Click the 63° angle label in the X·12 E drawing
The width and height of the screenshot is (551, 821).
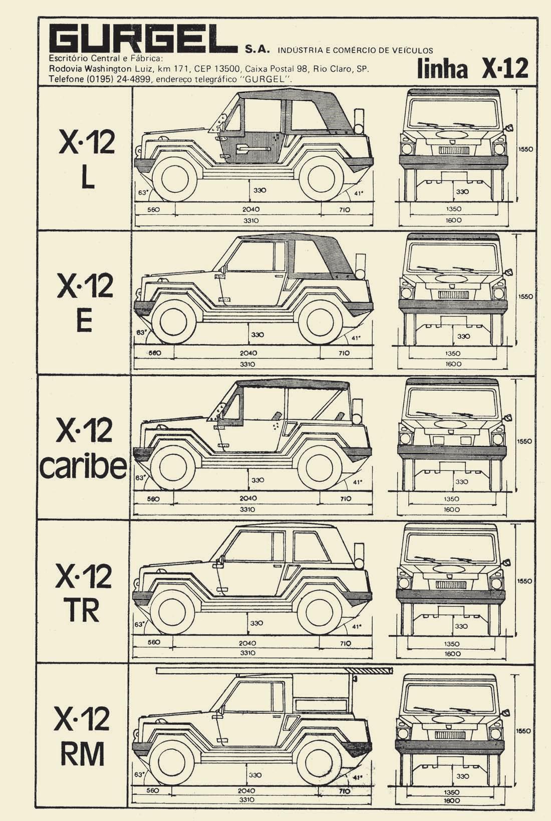140,332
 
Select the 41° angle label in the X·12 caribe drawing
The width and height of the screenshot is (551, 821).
357,482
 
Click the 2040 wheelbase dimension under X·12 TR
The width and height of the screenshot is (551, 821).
248,643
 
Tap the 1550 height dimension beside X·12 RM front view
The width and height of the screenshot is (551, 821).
524,731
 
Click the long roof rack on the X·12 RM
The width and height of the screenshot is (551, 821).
273,669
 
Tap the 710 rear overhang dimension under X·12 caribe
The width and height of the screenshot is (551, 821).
345,498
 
